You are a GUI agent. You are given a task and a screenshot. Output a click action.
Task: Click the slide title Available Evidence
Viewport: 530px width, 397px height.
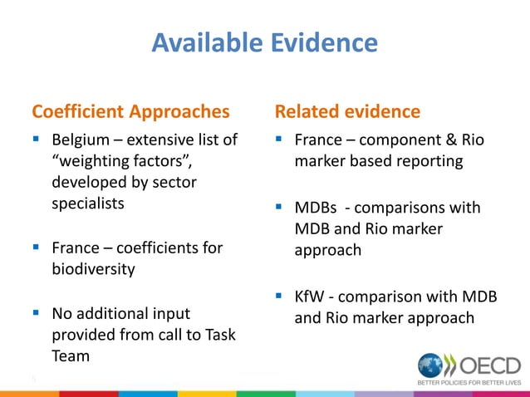coord(264,42)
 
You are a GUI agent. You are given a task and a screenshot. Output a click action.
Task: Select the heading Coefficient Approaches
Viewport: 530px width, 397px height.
coord(130,111)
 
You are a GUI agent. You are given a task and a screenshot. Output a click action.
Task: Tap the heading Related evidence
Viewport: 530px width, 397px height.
coord(347,111)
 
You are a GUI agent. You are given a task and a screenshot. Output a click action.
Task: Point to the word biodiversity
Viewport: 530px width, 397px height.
coord(93,268)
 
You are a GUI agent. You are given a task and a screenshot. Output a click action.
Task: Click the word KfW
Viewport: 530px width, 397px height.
coord(312,297)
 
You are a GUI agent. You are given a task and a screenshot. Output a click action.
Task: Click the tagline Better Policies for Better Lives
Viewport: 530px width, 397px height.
coord(469,384)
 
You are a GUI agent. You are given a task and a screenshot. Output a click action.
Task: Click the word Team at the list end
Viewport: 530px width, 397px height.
coord(71,355)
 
